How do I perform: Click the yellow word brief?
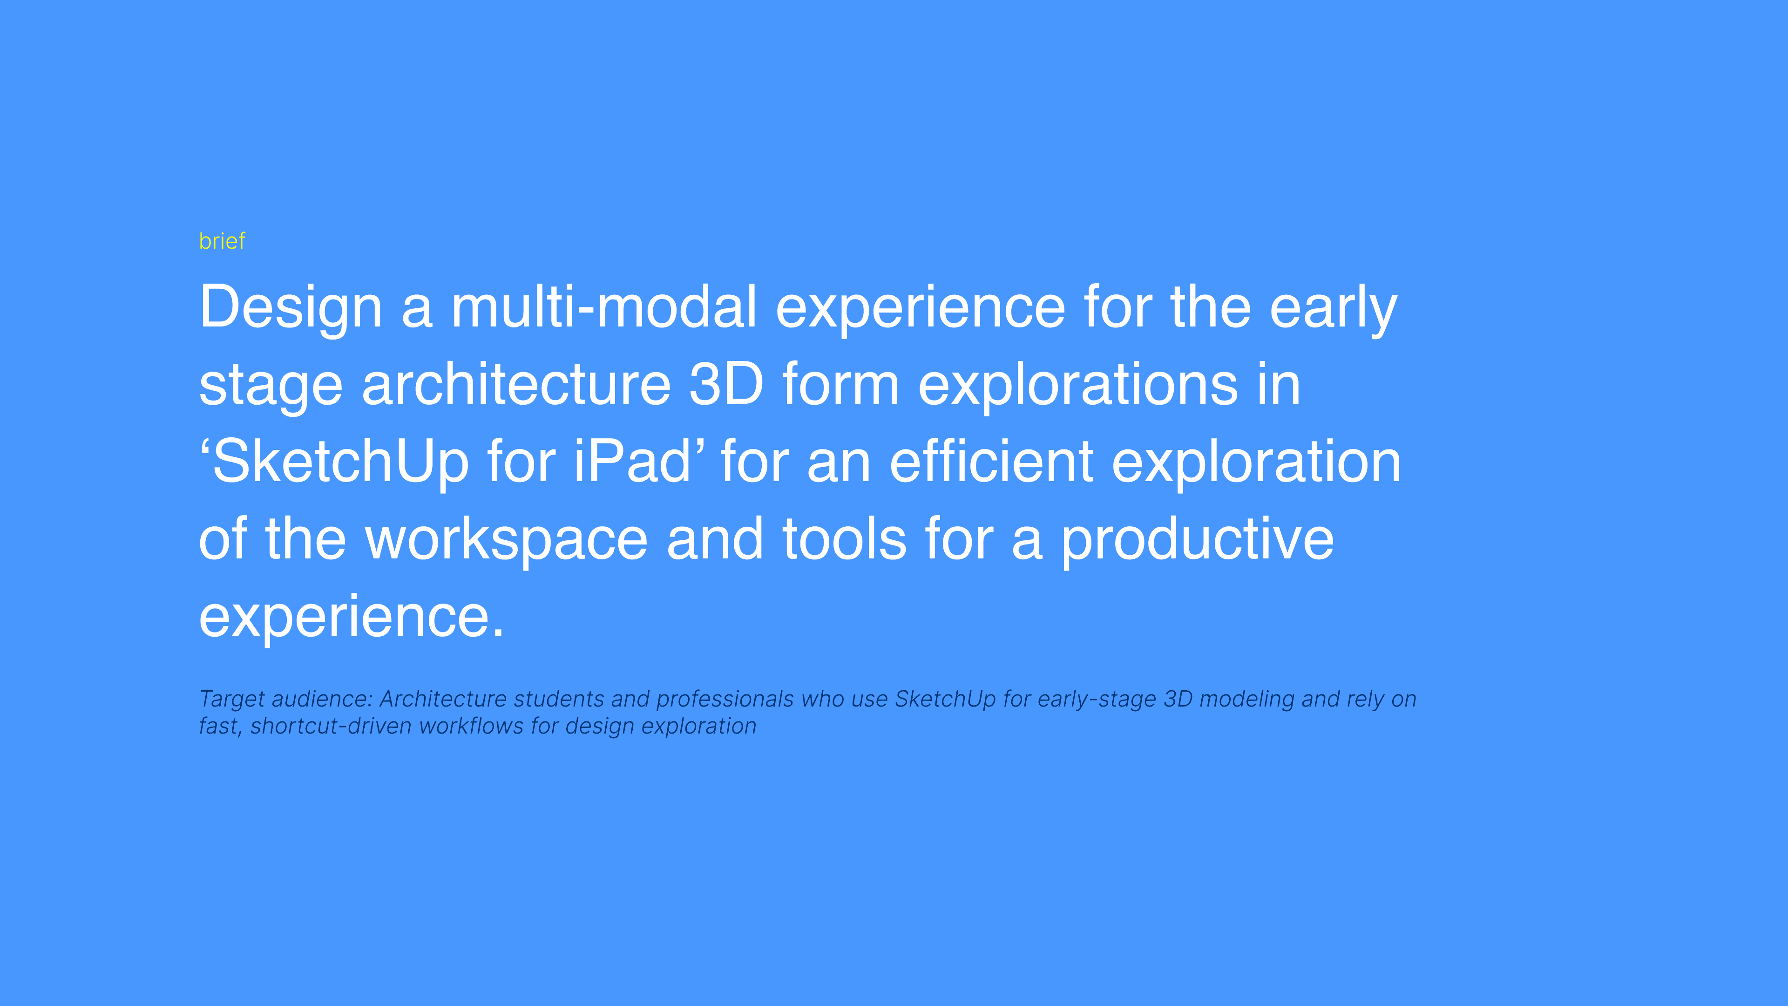(222, 241)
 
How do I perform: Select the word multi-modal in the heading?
(604, 307)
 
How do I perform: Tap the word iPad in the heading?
(632, 461)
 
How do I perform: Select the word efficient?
(992, 461)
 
